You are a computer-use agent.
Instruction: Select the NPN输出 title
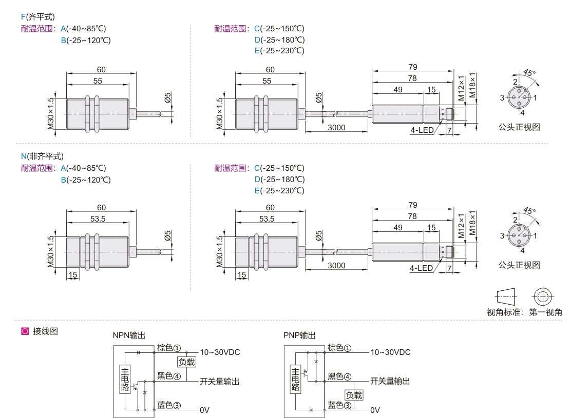tap(129, 335)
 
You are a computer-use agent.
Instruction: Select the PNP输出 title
tap(299, 335)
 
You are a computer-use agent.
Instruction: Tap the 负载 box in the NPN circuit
tap(186, 362)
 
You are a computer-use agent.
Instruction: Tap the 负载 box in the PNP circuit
tap(354, 395)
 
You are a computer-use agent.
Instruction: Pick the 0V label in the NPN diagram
tap(205, 410)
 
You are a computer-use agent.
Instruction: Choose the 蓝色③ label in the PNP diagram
tap(339, 405)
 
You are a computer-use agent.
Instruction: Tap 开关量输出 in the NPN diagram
tap(219, 381)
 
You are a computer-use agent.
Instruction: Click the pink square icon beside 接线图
tap(24, 332)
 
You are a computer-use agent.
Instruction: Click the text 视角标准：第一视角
tap(524, 311)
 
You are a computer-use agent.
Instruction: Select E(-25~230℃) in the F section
tap(279, 50)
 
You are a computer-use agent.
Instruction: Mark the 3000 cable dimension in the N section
tap(336, 265)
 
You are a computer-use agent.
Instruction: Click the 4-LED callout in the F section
tap(421, 130)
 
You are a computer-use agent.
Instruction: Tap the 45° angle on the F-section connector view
tap(529, 73)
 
